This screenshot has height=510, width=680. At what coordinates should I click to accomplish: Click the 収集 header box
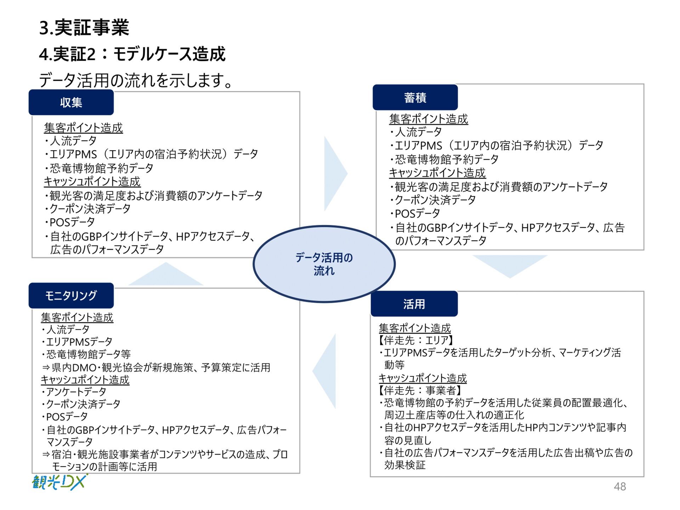point(71,102)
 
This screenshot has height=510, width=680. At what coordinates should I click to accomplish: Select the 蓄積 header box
point(415,97)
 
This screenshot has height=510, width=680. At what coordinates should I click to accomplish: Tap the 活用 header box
point(414,304)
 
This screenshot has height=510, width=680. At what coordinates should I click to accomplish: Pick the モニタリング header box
point(71,295)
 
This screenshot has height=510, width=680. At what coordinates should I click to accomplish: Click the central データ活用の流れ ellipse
point(324,264)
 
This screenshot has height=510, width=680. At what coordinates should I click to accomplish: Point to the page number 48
point(619,487)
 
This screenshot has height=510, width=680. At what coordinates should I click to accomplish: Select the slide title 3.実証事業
point(84,28)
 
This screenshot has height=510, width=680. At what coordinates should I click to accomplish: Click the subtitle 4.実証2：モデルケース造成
point(132,54)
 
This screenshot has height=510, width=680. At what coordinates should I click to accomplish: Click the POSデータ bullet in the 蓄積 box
point(417,214)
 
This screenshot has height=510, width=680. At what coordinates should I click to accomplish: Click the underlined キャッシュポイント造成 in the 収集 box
point(92,182)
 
